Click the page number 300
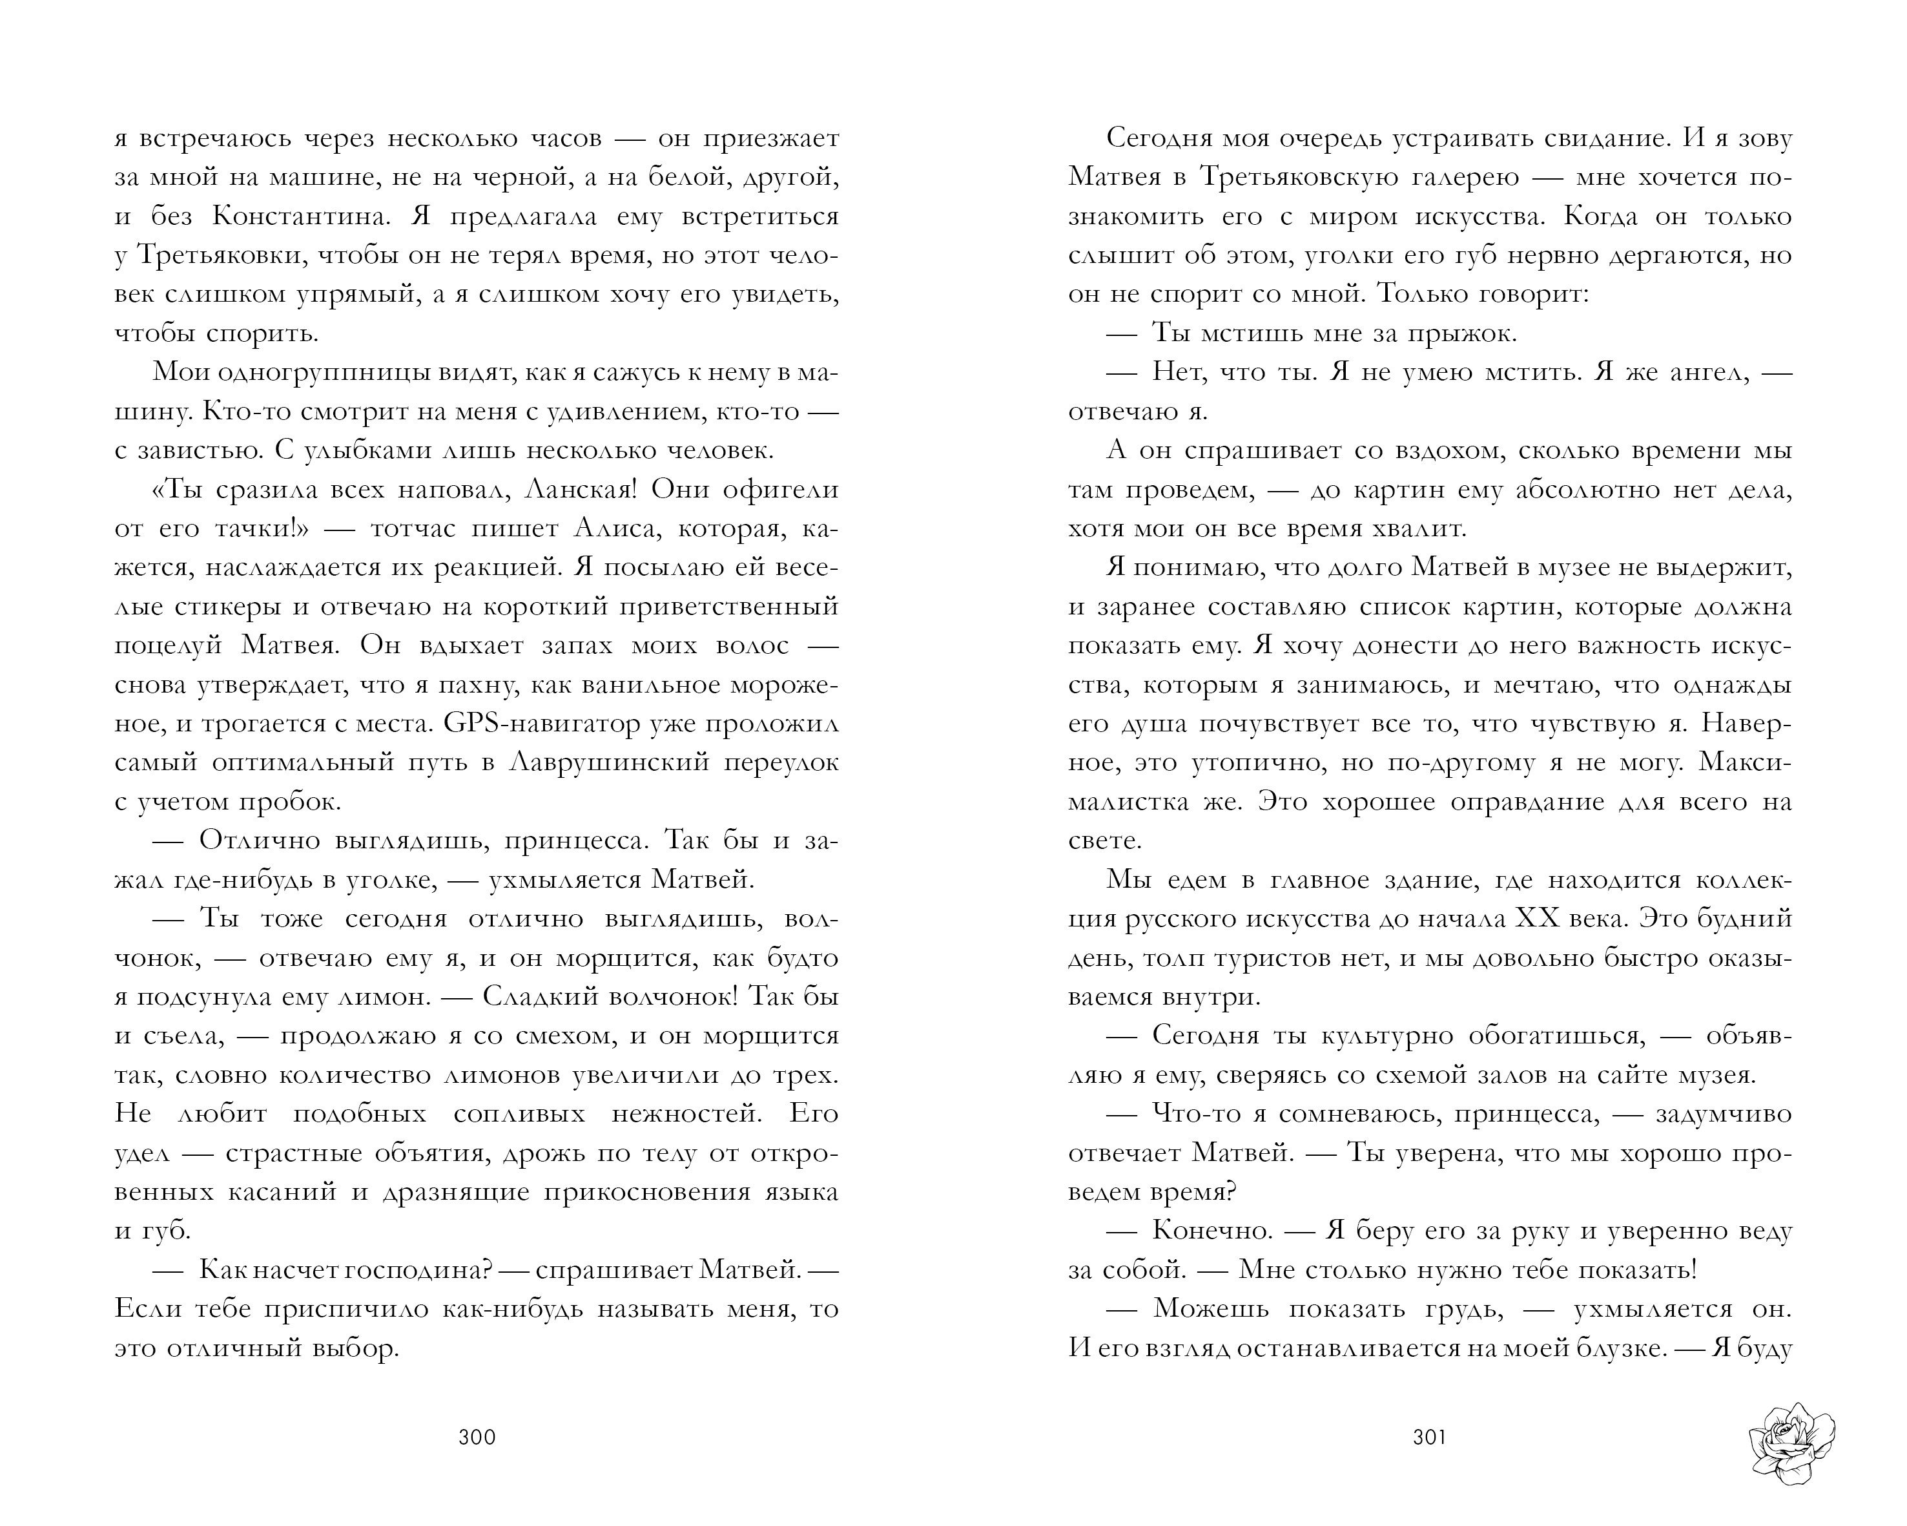click(477, 1437)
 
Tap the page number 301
click(1429, 1437)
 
